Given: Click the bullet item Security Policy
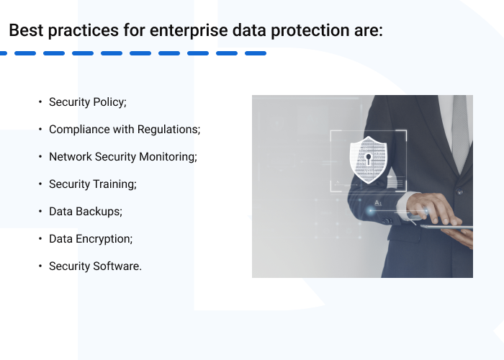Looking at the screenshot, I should tap(87, 102).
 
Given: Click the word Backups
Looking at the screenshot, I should tap(99, 212).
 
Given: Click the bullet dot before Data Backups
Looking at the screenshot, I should tap(40, 212).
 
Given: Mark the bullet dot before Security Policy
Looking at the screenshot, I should tap(40, 102).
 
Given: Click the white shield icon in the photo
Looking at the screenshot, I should tap(368, 158).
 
